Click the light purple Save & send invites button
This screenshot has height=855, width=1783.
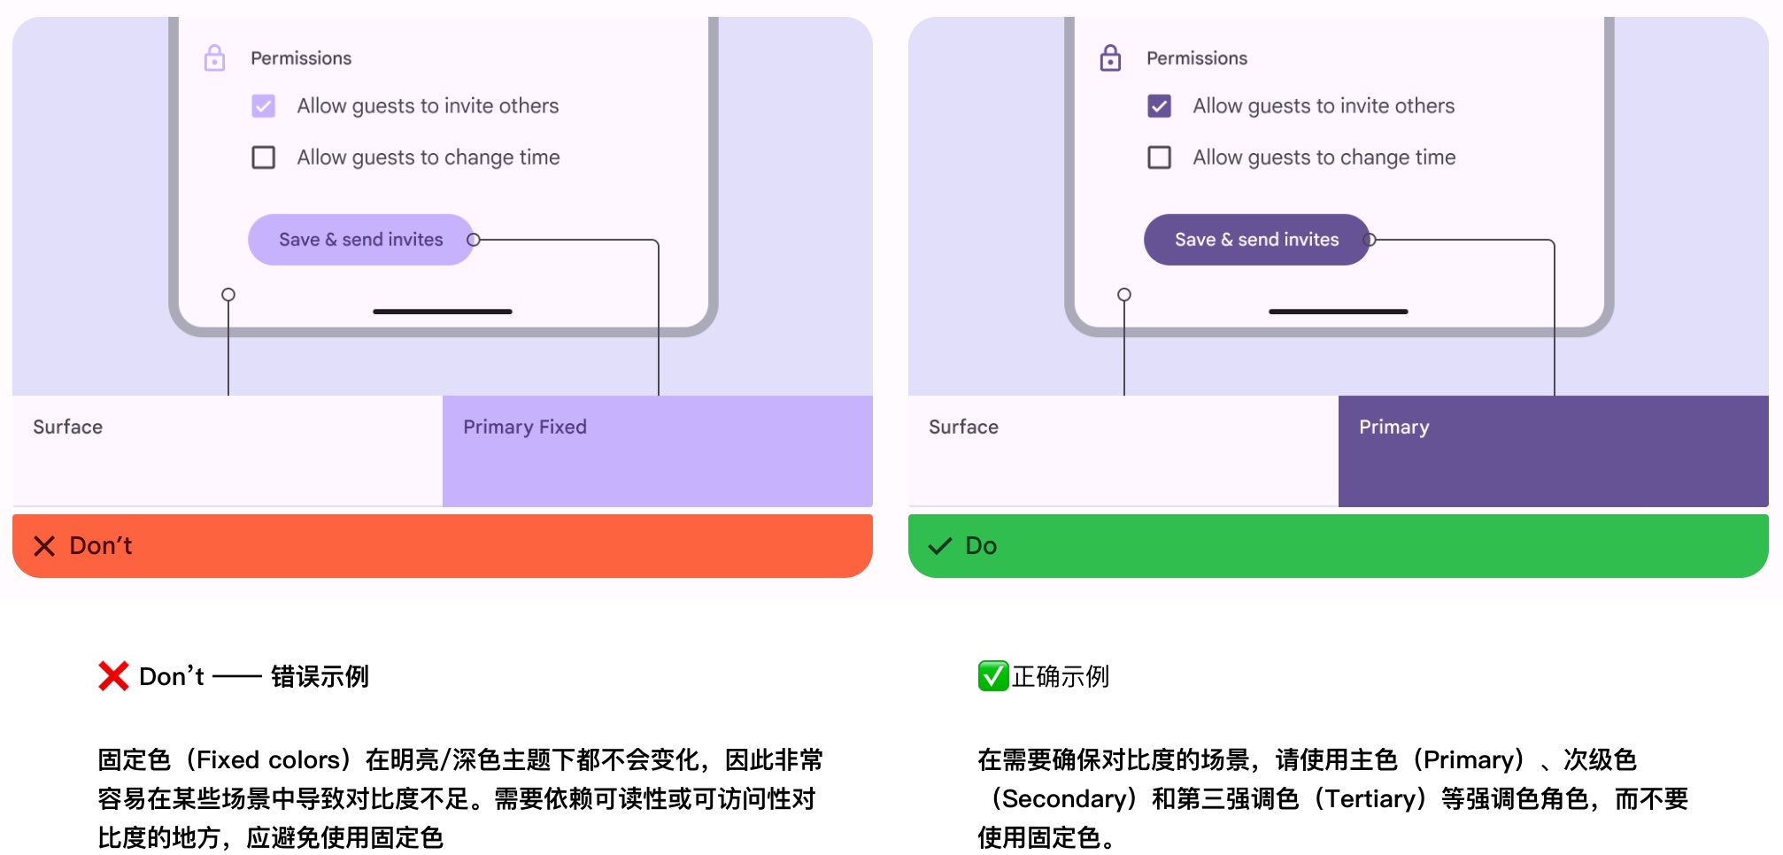[360, 240]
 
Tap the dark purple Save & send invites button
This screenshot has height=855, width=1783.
[1256, 240]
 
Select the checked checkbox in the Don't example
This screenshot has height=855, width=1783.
[263, 106]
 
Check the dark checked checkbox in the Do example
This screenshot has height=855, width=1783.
[1159, 106]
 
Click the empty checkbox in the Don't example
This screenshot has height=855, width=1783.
[263, 158]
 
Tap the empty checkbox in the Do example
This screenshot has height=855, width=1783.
[1159, 158]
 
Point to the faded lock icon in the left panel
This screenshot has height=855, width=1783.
[214, 58]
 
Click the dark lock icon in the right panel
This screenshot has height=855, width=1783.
[1110, 58]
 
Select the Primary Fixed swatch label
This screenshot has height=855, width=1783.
[525, 427]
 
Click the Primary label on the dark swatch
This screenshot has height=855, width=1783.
[1393, 427]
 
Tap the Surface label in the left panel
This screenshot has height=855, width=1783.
[68, 427]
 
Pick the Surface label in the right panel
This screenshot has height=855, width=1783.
[963, 427]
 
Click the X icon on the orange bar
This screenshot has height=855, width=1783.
[44, 546]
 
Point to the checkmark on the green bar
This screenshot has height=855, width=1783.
[939, 546]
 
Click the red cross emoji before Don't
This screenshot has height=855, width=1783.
[113, 676]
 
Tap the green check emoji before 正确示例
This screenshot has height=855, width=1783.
[992, 676]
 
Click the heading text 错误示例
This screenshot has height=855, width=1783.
[320, 677]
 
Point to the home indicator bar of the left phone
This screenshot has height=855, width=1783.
[443, 312]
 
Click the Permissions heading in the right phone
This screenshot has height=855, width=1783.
[1196, 58]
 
